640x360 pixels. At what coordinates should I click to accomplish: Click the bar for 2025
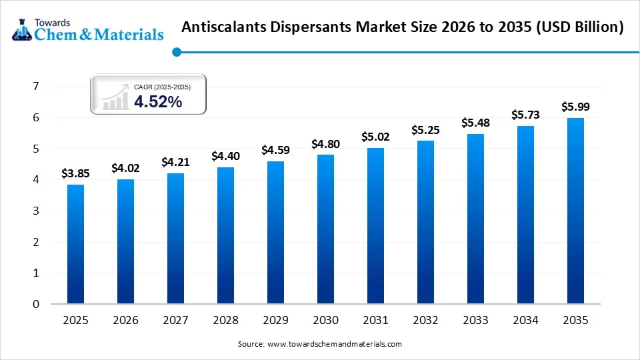(75, 244)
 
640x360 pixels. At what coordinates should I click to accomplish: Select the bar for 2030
(325, 229)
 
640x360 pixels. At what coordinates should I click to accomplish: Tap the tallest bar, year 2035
(575, 211)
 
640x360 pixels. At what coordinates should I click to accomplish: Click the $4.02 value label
(125, 167)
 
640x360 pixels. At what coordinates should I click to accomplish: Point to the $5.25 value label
(425, 129)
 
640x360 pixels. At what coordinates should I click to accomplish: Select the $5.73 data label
(525, 115)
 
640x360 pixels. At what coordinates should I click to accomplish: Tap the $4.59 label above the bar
(275, 150)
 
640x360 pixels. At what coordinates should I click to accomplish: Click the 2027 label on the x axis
(175, 321)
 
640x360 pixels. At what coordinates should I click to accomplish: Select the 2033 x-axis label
(475, 321)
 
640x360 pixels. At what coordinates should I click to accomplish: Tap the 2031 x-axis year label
(375, 321)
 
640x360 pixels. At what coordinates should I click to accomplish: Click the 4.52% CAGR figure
(158, 101)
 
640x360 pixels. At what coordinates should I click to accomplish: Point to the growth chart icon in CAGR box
(115, 97)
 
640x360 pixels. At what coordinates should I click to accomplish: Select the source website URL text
(334, 344)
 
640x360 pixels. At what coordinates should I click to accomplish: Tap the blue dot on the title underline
(176, 51)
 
